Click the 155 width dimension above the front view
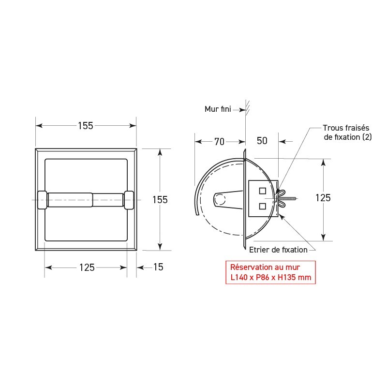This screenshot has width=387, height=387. click(86, 126)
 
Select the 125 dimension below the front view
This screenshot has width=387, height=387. click(86, 268)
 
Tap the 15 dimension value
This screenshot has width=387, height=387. click(158, 268)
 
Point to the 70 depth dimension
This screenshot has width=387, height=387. click(219, 142)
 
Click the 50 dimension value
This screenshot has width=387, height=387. click(262, 142)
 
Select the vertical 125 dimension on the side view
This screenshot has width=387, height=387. click(323, 198)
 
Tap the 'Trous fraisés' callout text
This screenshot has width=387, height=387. click(346, 129)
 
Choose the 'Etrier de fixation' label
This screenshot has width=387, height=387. click(278, 250)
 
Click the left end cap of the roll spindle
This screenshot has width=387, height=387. click(42, 200)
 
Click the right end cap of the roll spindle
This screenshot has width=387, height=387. click(129, 200)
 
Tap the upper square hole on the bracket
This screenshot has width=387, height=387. click(262, 190)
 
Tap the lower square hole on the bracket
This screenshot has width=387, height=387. click(262, 206)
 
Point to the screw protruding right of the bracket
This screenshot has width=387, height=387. click(291, 198)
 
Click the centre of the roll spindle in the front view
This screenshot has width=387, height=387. click(86, 200)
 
